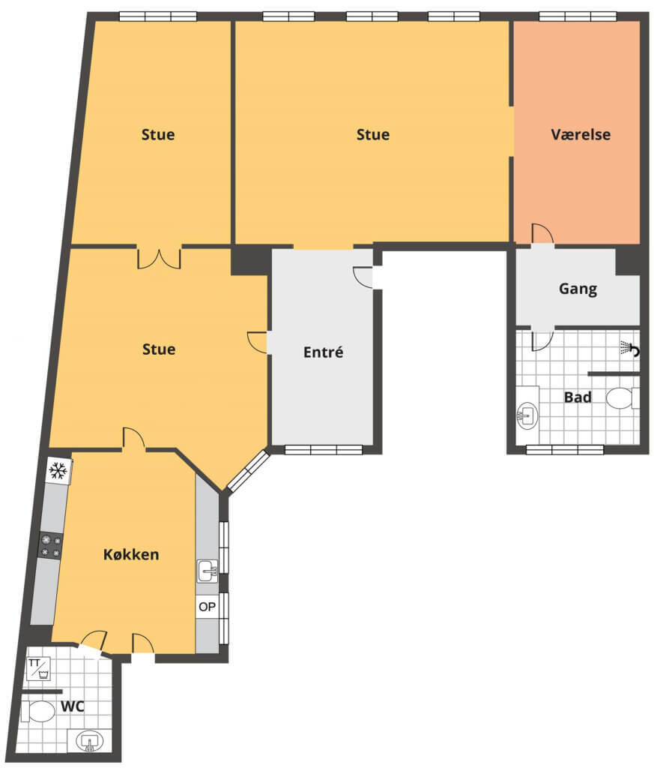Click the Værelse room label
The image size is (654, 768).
[x=581, y=135]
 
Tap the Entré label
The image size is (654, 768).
[x=323, y=352]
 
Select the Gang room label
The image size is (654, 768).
[x=578, y=289]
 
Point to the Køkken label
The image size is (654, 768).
[x=131, y=554]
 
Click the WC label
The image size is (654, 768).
[x=73, y=706]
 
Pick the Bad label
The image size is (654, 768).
[x=578, y=397]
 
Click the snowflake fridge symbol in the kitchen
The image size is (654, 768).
[x=58, y=471]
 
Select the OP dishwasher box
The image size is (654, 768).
[x=207, y=607]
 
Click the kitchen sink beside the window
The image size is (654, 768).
[x=208, y=571]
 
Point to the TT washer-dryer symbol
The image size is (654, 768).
[x=39, y=669]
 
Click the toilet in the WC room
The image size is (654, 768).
[x=38, y=712]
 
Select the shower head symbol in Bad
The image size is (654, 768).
[x=630, y=348]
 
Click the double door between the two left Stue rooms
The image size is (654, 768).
[x=159, y=259]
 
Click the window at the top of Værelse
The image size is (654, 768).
[x=578, y=16]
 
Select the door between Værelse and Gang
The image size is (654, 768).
[x=542, y=234]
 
